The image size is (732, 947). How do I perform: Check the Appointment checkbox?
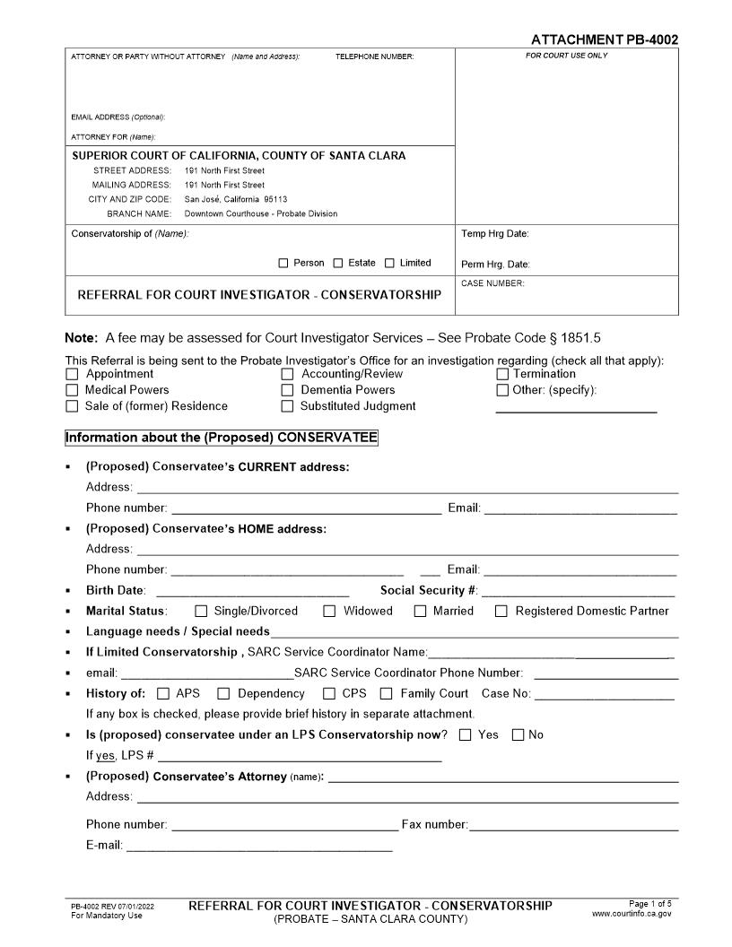tap(72, 374)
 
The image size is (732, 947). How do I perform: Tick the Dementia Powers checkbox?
tap(288, 390)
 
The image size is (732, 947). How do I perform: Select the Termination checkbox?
tap(502, 374)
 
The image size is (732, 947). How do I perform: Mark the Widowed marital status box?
tap(329, 612)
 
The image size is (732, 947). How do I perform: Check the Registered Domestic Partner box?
tap(501, 612)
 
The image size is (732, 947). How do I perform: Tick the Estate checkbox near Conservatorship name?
tap(338, 264)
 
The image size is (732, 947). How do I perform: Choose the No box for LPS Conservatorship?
tap(518, 735)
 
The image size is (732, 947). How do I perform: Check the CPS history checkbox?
tap(329, 693)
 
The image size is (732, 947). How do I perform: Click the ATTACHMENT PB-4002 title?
tap(604, 39)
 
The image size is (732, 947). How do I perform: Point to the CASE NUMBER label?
tap(492, 283)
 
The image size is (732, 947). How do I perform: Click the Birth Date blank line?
tap(252, 595)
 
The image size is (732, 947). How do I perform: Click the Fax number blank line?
tap(573, 830)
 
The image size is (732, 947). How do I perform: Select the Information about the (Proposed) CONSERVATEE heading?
tap(222, 438)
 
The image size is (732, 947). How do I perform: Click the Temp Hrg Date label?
tap(495, 234)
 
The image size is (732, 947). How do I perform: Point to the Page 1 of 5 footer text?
tap(649, 903)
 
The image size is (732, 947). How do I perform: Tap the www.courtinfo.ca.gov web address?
tap(632, 914)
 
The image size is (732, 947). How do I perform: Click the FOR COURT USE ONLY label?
tap(566, 56)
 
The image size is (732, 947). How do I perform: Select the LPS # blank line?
tap(300, 760)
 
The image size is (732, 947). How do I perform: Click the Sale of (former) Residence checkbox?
tap(72, 406)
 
